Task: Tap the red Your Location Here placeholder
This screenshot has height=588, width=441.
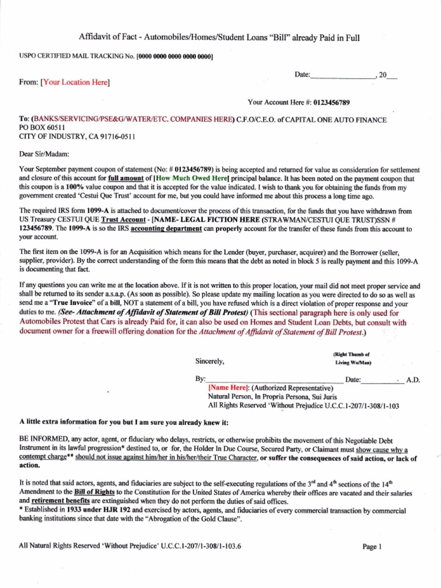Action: [x=75, y=83]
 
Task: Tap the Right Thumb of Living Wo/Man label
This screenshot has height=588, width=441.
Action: [x=352, y=359]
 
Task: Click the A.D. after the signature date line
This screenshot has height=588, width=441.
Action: [x=413, y=380]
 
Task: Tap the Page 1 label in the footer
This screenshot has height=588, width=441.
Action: [x=372, y=547]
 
